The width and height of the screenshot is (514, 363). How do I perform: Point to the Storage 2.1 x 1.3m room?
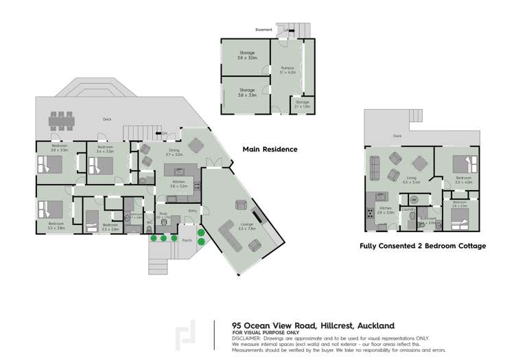[302, 106]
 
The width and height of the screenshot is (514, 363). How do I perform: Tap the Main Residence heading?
[270, 149]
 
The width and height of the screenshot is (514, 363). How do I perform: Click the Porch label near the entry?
[186, 240]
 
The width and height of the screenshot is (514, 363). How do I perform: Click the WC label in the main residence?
[149, 222]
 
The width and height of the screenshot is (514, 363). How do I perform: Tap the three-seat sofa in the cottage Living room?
[375, 167]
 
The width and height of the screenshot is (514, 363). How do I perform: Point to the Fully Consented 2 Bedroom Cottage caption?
[423, 246]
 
